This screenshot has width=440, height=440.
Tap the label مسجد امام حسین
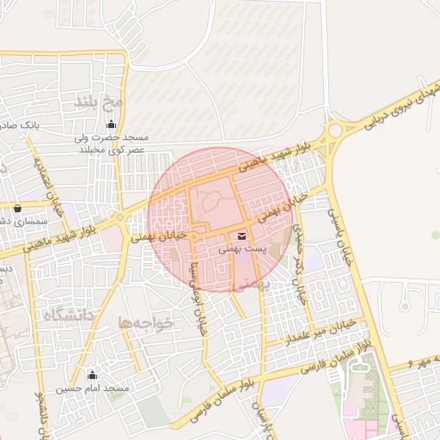pyautogui.click(x=93, y=389)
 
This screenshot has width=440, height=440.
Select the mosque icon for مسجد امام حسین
pyautogui.click(x=93, y=376)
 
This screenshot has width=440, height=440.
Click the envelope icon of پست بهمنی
pyautogui.click(x=241, y=235)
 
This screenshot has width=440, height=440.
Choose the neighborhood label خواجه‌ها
pyautogui.click(x=146, y=322)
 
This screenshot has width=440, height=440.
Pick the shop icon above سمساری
pyautogui.click(x=17, y=208)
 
